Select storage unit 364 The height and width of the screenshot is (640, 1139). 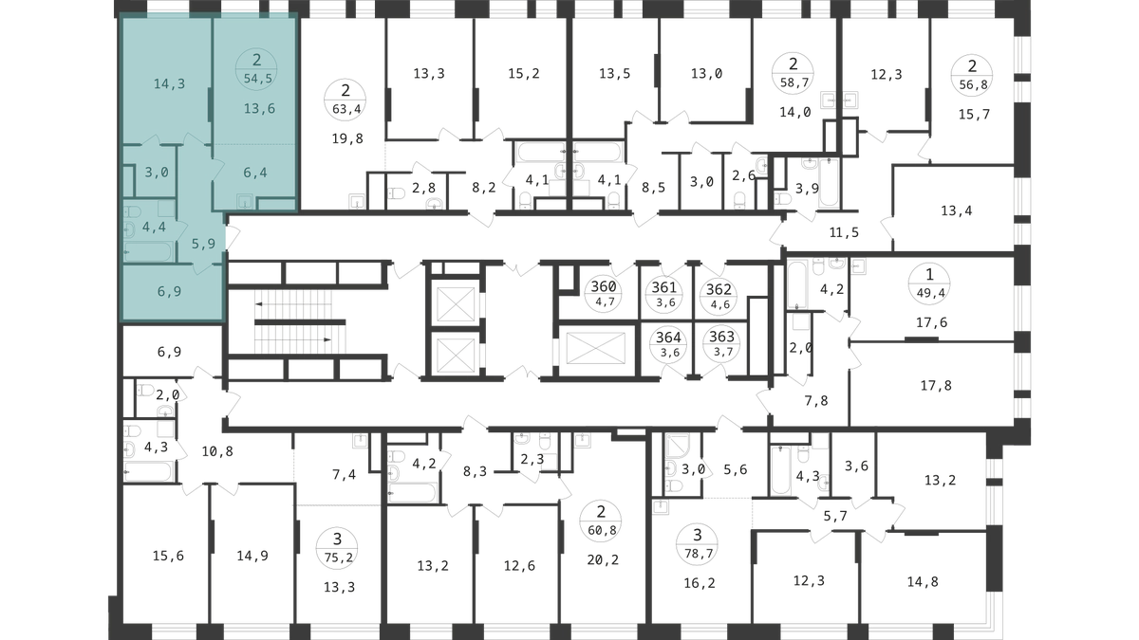[668, 344]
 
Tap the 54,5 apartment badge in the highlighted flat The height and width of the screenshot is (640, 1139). [256, 70]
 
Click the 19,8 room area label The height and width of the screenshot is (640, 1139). [347, 138]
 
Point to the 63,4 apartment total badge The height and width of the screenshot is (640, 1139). [345, 100]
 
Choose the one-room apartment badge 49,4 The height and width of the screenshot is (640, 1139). [929, 283]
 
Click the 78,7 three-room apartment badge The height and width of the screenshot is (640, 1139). [697, 544]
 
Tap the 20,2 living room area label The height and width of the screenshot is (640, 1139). [603, 559]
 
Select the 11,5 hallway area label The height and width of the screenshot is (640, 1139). [844, 232]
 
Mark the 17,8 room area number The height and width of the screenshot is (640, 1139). [936, 386]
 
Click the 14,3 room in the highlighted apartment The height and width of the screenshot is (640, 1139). [169, 83]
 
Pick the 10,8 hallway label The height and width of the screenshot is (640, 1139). [217, 451]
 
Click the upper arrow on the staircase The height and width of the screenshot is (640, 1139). [293, 304]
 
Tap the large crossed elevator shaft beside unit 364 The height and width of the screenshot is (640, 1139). [596, 349]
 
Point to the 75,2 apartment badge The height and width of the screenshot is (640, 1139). [337, 548]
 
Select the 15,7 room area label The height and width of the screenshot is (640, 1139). [974, 115]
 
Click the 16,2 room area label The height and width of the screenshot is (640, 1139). [700, 582]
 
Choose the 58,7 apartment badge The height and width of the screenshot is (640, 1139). [793, 73]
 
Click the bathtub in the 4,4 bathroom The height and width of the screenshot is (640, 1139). [149, 251]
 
